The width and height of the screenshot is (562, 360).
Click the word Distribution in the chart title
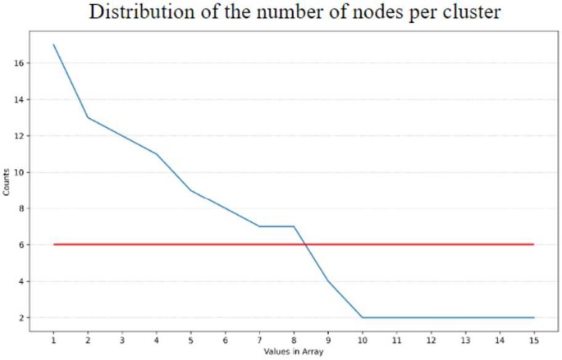pos(139,13)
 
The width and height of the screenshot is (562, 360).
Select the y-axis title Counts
pos(8,181)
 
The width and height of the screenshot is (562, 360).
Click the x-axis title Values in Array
pos(293,352)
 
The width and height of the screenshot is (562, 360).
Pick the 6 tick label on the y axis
pos(18,244)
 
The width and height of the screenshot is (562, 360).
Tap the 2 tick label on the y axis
pos(18,317)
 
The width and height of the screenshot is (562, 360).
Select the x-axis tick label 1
pos(53,339)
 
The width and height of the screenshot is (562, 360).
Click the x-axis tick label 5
pos(190,339)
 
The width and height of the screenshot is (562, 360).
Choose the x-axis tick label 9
pos(328,339)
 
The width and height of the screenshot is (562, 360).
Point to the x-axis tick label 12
pos(431,339)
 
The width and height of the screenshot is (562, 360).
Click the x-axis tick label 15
pos(534,339)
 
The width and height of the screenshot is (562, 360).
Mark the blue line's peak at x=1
pos(53,45)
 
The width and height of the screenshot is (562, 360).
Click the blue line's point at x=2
pos(88,117)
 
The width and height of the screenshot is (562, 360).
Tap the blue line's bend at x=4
pos(156,154)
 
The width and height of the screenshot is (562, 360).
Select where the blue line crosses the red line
pos(305,244)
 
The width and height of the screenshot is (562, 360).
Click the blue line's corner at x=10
pos(363,317)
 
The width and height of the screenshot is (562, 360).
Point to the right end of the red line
pos(534,244)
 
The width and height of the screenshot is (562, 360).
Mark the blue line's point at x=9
pos(328,281)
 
